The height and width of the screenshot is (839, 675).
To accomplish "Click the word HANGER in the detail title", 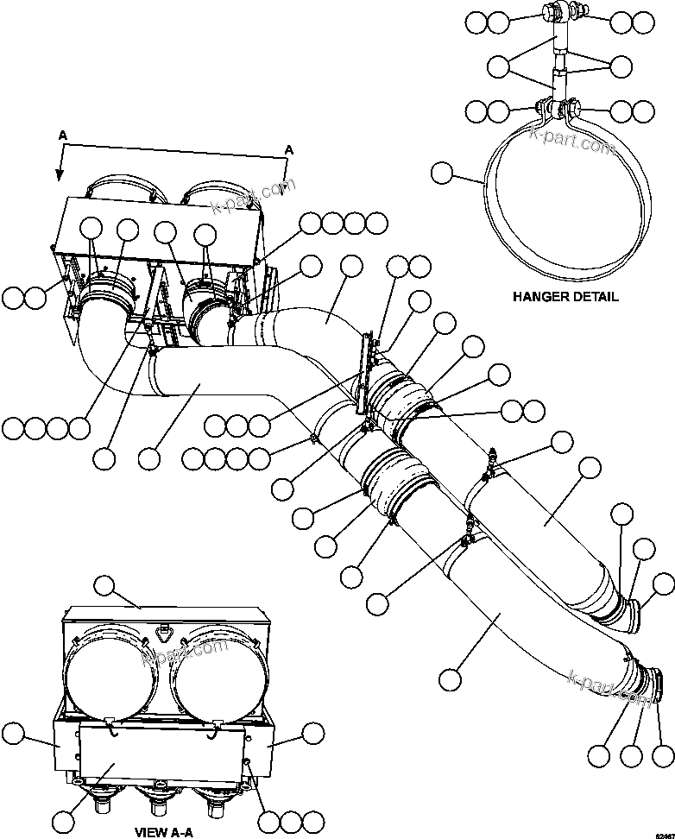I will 540,297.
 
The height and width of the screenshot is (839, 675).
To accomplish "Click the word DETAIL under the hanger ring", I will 596,297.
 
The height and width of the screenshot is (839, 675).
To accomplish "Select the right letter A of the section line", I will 289,149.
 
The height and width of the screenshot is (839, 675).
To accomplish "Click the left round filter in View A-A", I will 106,671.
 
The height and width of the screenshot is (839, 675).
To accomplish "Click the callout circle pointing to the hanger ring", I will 441,175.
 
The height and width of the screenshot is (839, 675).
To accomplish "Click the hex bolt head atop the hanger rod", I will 549,13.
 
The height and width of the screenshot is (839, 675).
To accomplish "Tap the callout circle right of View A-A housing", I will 312,734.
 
